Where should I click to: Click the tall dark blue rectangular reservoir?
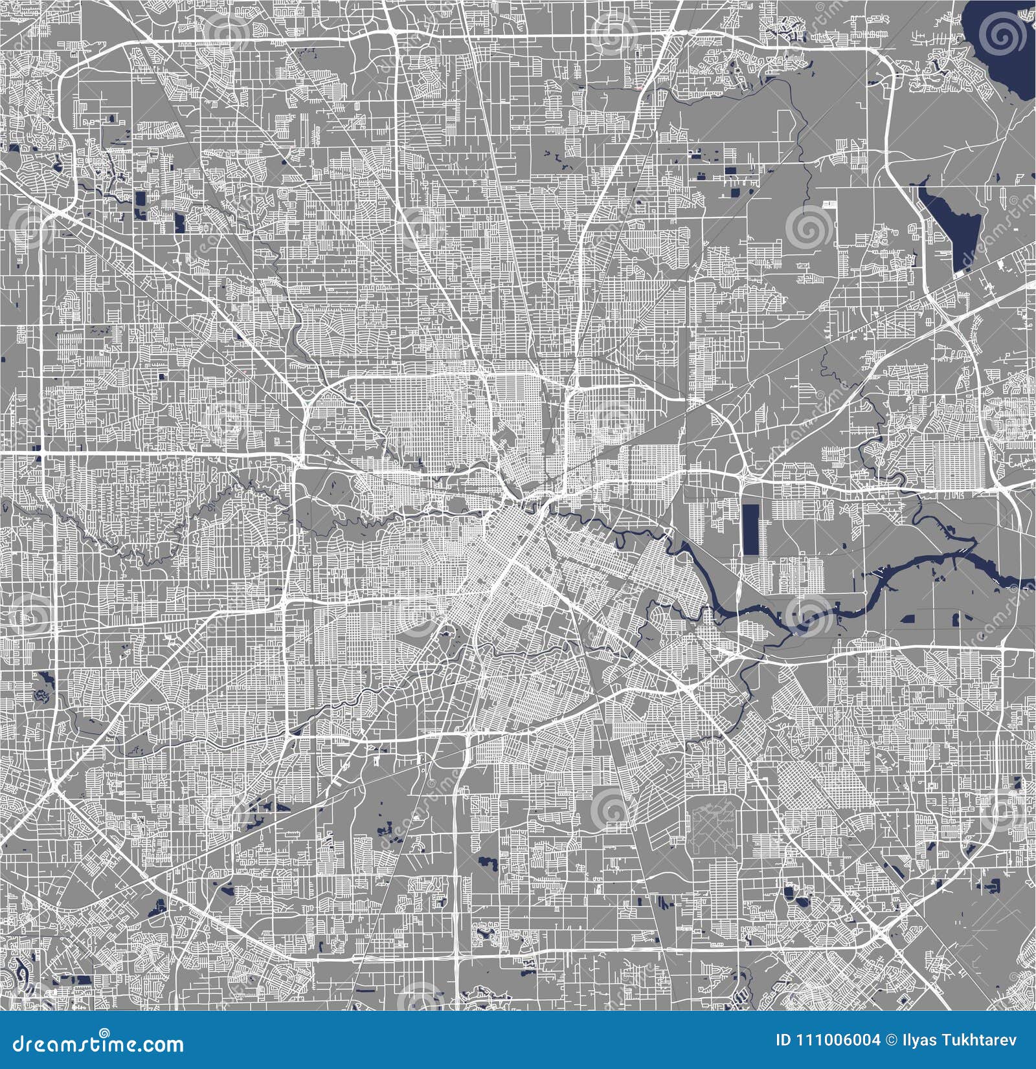tap(751, 529)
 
